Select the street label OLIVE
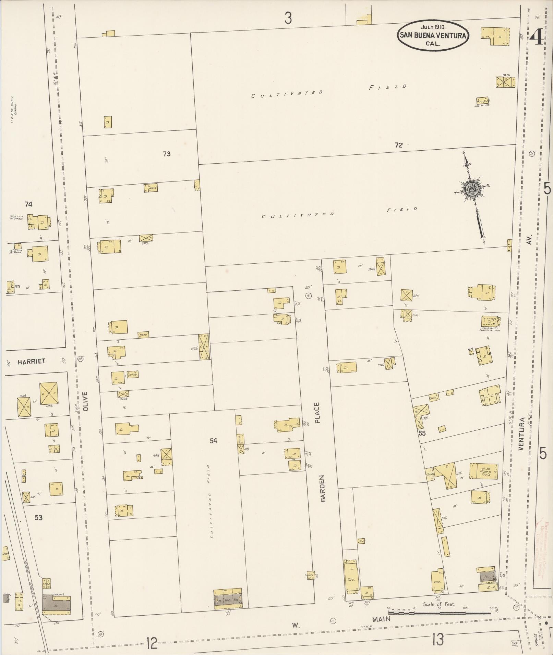click(85, 401)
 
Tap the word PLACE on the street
click(317, 413)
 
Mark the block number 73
click(167, 154)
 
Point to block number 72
click(398, 145)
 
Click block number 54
click(214, 441)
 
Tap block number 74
click(28, 204)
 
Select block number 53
click(38, 518)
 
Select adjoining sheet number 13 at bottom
click(438, 639)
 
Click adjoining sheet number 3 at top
click(288, 18)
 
